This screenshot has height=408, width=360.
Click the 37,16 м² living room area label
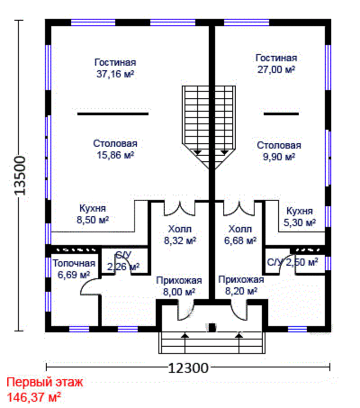[x=115, y=74]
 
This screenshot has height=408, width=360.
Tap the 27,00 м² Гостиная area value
[x=276, y=70]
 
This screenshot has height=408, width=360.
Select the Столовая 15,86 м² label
[x=115, y=150]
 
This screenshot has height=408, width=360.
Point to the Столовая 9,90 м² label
[x=279, y=151]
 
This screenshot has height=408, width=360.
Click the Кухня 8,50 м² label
[x=93, y=214]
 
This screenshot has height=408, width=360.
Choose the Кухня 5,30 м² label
[x=299, y=217]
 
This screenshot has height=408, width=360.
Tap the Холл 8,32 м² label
[x=180, y=235]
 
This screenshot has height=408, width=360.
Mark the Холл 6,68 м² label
[x=240, y=235]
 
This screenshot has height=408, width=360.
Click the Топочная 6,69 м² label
[x=74, y=269]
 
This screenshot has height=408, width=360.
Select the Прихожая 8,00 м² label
[x=179, y=286]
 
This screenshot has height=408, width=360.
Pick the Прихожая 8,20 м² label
[x=241, y=285]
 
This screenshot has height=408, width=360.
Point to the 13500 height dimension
[x=20, y=175]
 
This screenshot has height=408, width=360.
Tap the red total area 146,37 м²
[x=34, y=397]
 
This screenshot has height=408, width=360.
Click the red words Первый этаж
[x=45, y=382]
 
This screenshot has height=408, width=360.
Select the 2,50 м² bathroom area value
[x=302, y=262]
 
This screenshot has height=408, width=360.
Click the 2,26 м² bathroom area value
[x=123, y=267]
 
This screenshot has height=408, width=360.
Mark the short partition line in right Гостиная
[x=281, y=114]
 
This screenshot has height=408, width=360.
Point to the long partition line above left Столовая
[x=113, y=114]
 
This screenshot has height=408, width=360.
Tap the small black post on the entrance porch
[x=212, y=327]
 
